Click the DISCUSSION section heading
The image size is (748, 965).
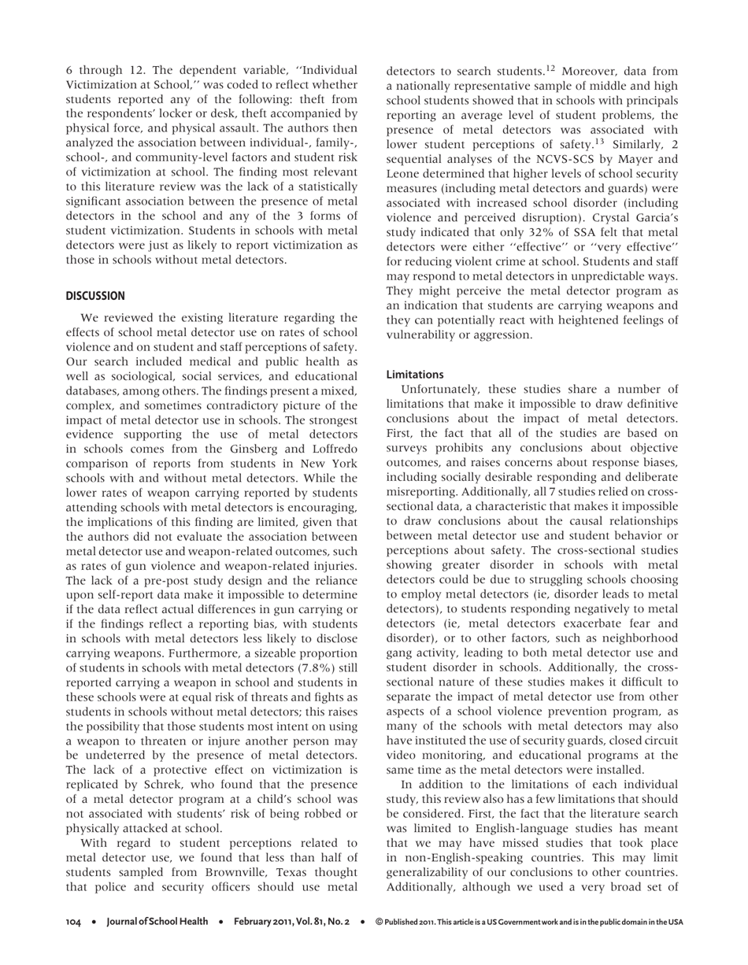[x=94, y=296]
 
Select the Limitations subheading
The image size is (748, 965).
[x=415, y=374]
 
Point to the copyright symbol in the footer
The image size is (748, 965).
[x=379, y=921]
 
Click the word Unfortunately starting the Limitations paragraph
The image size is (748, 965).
[x=441, y=389]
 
